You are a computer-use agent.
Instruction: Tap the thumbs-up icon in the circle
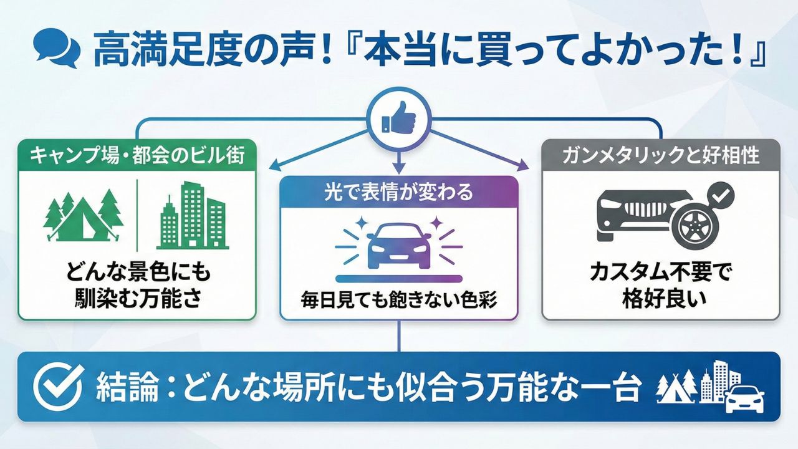(x=398, y=117)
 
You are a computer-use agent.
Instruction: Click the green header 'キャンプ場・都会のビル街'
(x=137, y=155)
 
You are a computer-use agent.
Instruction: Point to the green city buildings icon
(x=191, y=215)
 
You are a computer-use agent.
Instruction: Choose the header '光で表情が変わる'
(x=399, y=191)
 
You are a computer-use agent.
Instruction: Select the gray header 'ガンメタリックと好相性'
(x=661, y=155)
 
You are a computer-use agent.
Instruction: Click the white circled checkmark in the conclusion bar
(x=58, y=387)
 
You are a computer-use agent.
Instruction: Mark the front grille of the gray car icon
(x=642, y=208)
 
